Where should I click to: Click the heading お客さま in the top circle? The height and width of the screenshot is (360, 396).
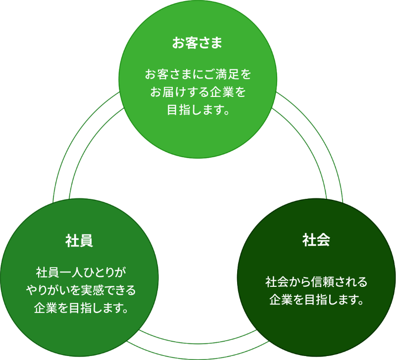click(x=198, y=43)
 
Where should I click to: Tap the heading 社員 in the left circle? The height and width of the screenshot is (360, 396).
click(x=80, y=241)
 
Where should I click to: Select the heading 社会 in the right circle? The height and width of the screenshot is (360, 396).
click(x=316, y=240)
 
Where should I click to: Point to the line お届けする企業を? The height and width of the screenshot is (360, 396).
click(x=198, y=92)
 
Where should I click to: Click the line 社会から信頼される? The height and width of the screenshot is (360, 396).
click(x=316, y=282)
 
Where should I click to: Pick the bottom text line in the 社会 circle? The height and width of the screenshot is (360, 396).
click(x=316, y=300)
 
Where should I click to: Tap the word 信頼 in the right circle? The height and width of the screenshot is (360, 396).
click(x=322, y=282)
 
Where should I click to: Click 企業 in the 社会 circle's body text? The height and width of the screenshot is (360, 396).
click(x=281, y=300)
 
